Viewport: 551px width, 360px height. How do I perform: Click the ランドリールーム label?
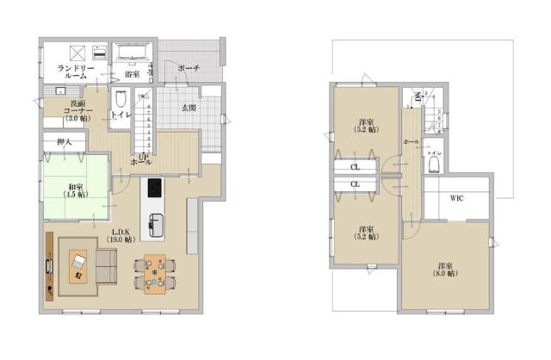[77, 71]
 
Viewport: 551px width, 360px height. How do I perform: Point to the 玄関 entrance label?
[188, 107]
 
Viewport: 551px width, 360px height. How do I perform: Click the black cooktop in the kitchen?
[155, 188]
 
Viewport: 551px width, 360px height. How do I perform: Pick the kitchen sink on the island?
[156, 223]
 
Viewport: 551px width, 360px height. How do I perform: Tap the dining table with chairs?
[155, 274]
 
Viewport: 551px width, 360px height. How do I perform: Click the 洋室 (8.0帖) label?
[446, 268]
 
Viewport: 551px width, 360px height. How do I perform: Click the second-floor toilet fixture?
[434, 163]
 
